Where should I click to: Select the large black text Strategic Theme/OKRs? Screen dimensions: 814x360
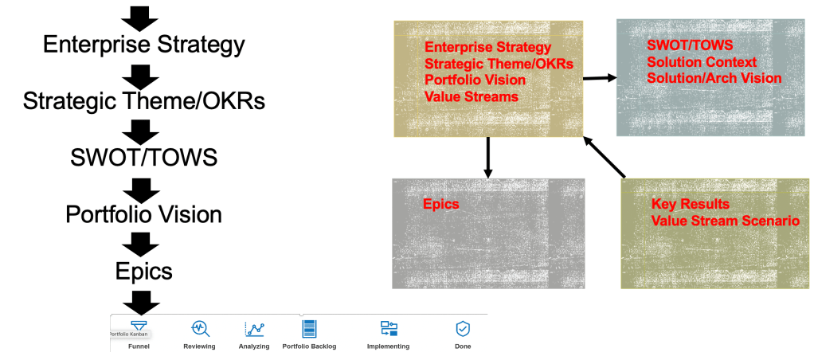144,101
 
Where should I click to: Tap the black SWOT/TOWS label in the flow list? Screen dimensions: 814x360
144,158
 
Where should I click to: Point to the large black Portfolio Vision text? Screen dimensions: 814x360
144,214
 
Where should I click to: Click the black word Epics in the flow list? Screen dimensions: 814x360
144,271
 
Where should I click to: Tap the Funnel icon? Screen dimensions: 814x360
139,326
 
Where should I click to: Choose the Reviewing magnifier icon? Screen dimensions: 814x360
200,328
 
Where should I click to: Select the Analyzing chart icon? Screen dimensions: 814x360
254,329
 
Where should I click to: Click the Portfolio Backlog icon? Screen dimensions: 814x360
309,329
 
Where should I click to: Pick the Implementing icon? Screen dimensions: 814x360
389,328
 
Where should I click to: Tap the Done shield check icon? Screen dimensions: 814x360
463,329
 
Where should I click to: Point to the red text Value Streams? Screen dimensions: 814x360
472,96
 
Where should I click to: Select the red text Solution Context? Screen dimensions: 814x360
702,62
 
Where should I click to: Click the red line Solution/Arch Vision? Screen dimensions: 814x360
714,78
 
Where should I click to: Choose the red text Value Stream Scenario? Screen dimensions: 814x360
726,221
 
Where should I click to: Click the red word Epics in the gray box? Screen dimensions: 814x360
441,204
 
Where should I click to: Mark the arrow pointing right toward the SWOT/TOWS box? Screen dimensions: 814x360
600,78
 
